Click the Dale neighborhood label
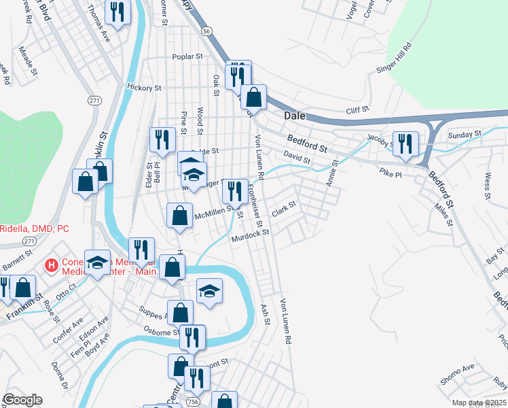(295, 116)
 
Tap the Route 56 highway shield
(206, 30)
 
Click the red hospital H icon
(50, 265)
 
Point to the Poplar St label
(188, 56)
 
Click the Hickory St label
(143, 88)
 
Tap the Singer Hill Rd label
(395, 59)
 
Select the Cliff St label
(357, 109)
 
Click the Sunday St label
(464, 135)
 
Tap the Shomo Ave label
(458, 375)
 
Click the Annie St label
(331, 173)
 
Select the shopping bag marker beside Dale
(253, 97)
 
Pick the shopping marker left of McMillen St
(179, 216)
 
